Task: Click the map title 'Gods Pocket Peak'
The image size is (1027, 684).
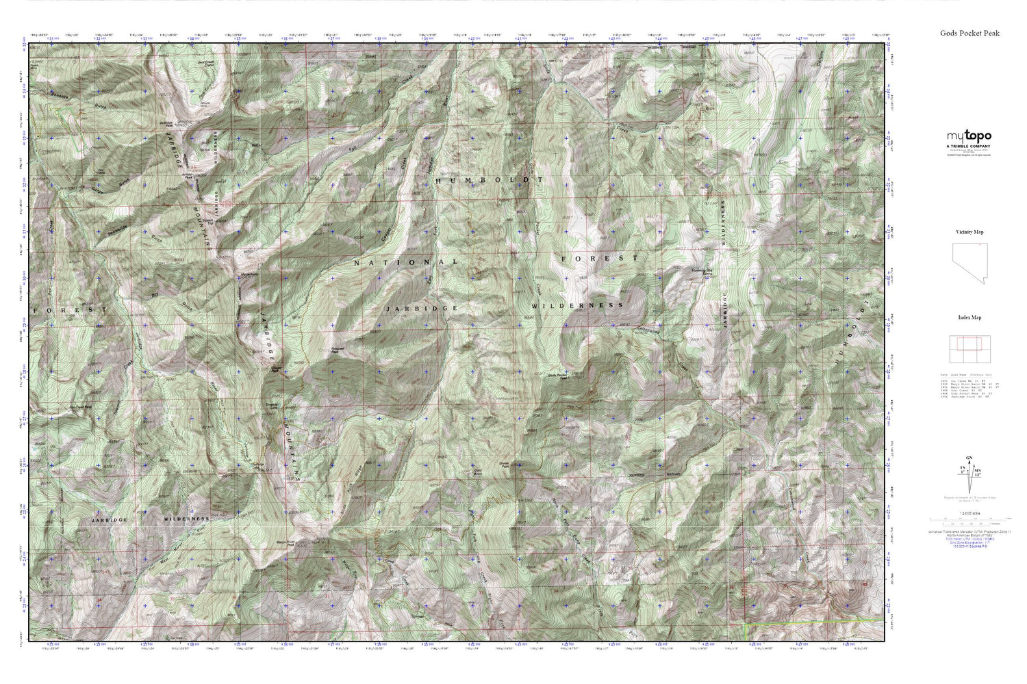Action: pyautogui.click(x=969, y=33)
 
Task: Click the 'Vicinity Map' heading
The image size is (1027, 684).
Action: pyautogui.click(x=969, y=232)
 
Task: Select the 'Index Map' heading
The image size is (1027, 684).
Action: pyautogui.click(x=969, y=317)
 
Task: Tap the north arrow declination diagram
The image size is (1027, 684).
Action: pyautogui.click(x=969, y=472)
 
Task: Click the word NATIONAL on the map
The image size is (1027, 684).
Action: pyautogui.click(x=405, y=262)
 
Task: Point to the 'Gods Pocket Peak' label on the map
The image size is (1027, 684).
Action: pyautogui.click(x=559, y=375)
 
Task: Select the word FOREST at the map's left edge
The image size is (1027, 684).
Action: pyautogui.click(x=68, y=310)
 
